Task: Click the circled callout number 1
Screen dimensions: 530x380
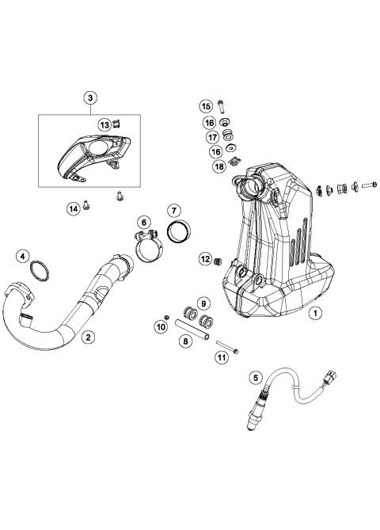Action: (315, 335)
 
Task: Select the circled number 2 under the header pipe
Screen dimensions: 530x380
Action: (89, 337)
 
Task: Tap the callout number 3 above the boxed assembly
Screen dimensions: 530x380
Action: (90, 97)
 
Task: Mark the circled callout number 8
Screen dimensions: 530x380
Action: (185, 341)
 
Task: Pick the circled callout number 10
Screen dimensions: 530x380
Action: (161, 326)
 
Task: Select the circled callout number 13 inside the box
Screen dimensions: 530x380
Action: (104, 125)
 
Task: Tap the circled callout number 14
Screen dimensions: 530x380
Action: (74, 208)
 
